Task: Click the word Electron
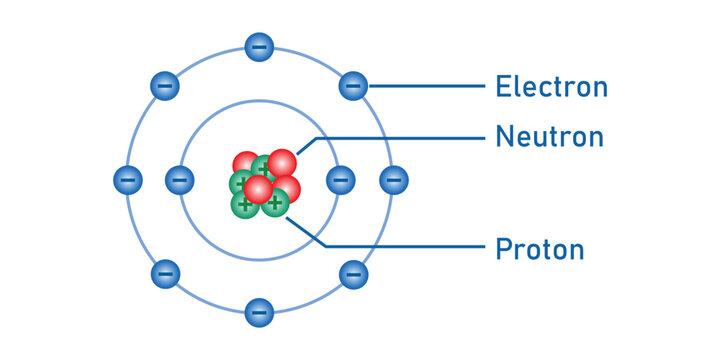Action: [x=551, y=87]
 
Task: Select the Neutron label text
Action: [x=549, y=136]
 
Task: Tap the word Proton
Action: [x=540, y=247]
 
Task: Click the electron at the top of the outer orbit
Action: [x=259, y=46]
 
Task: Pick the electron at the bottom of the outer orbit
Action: [x=259, y=313]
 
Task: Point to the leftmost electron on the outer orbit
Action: [x=126, y=180]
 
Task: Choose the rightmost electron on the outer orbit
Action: [x=393, y=180]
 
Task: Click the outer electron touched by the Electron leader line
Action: [x=353, y=86]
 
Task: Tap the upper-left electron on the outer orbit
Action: [x=165, y=86]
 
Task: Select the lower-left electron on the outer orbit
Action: [x=165, y=273]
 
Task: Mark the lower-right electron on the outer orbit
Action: [x=353, y=273]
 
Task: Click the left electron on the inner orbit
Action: [x=179, y=180]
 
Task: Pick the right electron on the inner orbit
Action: [x=340, y=180]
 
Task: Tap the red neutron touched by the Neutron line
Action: [x=282, y=162]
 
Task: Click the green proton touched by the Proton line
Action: [x=275, y=203]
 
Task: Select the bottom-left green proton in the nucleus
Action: [x=244, y=204]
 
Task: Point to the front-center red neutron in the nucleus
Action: [x=258, y=189]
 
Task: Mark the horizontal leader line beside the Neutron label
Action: [x=400, y=137]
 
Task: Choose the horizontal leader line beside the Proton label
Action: [x=400, y=247]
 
